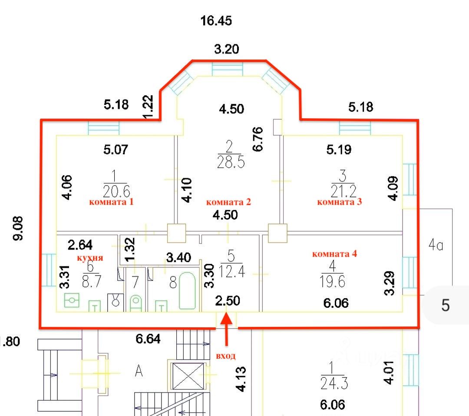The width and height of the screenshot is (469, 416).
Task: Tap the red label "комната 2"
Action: [228, 202]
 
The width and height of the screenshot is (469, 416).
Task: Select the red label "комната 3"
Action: [340, 202]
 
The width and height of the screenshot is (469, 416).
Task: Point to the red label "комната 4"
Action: [334, 254]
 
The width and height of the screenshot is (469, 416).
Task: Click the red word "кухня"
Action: [90, 258]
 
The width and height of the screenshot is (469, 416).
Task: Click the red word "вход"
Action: [226, 356]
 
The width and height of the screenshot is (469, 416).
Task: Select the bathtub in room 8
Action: [188, 290]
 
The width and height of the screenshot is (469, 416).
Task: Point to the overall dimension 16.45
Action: [216, 20]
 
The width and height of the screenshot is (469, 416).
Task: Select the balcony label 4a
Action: [436, 246]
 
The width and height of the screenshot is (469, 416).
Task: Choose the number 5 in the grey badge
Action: [446, 306]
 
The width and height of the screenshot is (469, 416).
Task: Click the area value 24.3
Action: [334, 383]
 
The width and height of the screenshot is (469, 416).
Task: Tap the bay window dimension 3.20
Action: [226, 49]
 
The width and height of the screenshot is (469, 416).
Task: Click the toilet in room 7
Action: [135, 301]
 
